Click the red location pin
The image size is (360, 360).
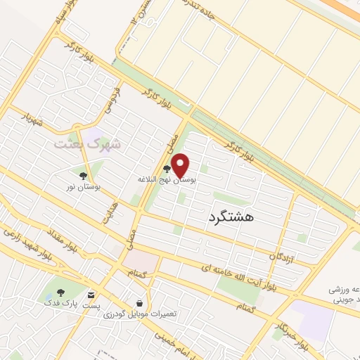click(181, 165)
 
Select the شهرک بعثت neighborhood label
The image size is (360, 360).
click(88, 143)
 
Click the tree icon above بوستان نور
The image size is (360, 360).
click(83, 176)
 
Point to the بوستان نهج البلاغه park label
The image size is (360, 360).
click(167, 180)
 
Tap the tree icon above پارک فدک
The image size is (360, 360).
click(60, 292)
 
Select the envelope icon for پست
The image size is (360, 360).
click(92, 294)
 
